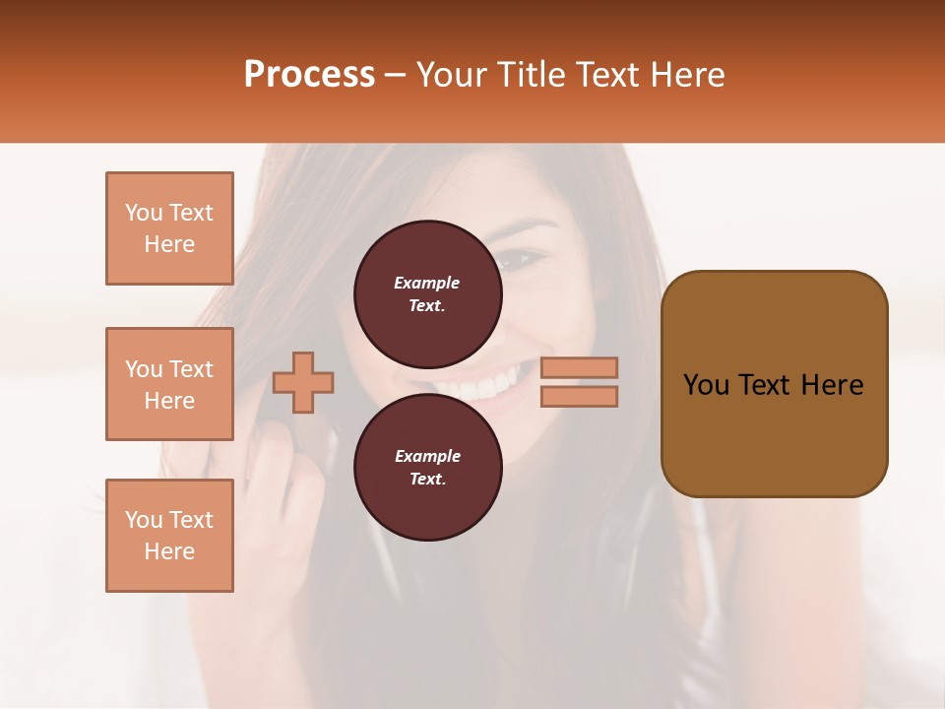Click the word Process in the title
309,75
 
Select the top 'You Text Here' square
169,228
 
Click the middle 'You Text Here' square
169,384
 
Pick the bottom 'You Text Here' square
169,536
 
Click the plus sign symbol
303,382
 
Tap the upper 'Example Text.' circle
427,293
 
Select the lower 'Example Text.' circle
427,467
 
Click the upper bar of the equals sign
579,367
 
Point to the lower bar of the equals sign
579,396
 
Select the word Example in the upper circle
427,283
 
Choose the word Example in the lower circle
427,456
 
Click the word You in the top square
143,213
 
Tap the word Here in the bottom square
169,551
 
